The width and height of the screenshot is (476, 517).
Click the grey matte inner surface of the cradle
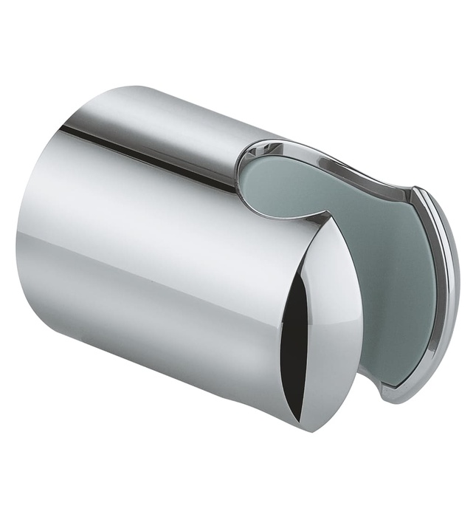point(347,244)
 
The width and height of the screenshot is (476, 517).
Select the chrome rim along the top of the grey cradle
point(332,159)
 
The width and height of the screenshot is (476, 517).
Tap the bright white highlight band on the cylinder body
point(148,214)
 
